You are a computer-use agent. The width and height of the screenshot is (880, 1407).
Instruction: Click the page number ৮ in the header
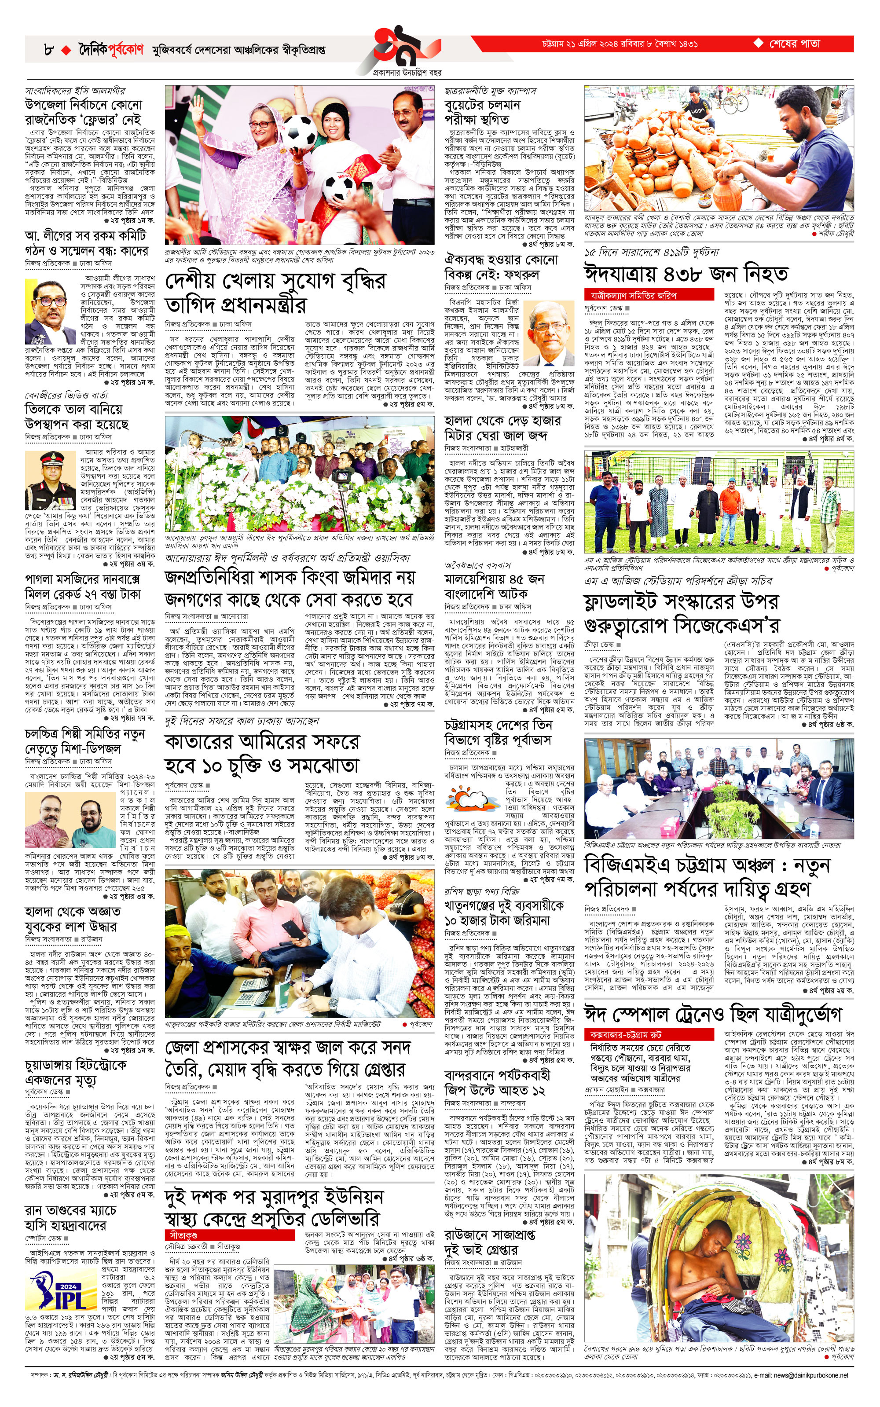coord(48,50)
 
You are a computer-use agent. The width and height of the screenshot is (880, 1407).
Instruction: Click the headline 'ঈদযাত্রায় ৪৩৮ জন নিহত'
coord(686,274)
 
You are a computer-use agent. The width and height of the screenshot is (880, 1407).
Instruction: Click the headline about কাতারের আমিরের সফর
coord(262,754)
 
